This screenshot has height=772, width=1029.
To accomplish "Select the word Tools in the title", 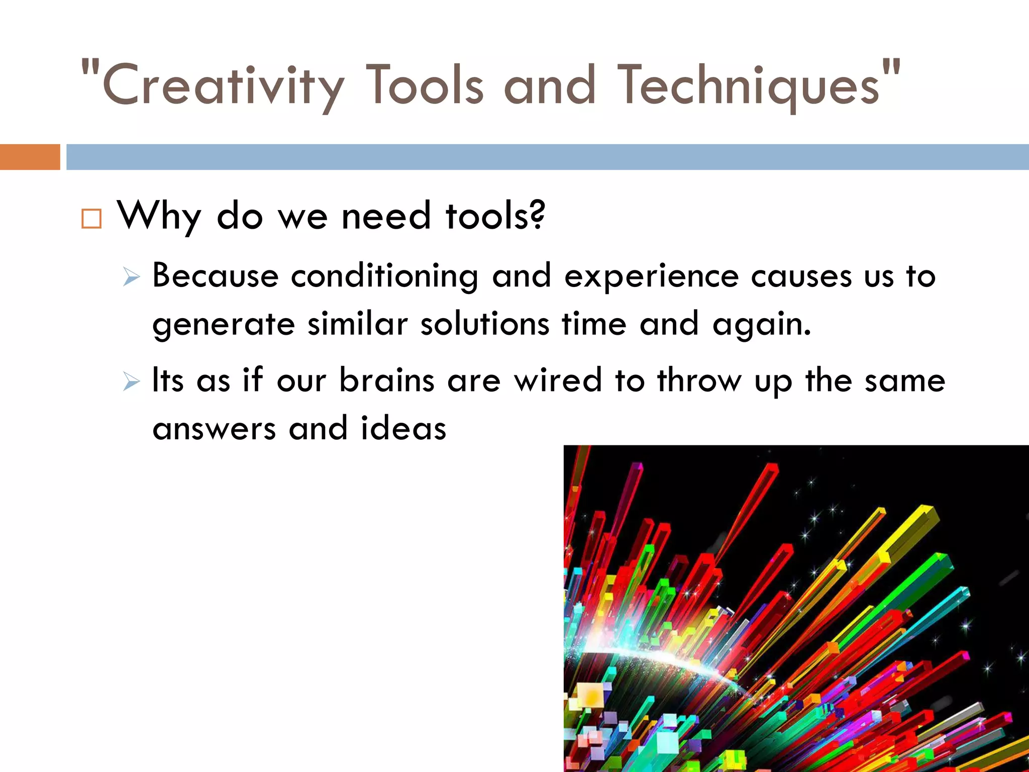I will point(425,84).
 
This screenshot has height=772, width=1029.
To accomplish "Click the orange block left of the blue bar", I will point(30,157).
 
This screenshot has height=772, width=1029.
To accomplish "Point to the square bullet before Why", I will point(91,219).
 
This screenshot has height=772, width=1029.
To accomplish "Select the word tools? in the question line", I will point(495,215).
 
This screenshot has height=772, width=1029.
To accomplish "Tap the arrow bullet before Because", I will point(131,277).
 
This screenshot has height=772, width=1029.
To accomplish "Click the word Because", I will point(215,276).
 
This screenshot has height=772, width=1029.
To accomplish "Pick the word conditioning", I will point(384,277).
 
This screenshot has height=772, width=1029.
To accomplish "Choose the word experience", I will point(651,277).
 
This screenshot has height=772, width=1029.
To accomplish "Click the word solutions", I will point(485,324).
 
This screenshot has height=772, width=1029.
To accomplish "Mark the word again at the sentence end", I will point(761,325).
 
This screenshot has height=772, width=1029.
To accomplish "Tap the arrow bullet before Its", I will point(131,381).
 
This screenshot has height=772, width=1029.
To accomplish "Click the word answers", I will point(214,429).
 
